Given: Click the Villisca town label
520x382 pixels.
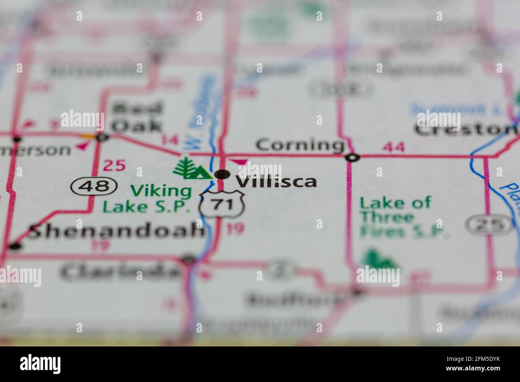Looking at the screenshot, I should click(x=276, y=181).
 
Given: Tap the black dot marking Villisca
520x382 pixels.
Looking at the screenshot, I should click(x=222, y=174).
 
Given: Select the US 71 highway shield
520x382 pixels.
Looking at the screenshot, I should click(x=222, y=205).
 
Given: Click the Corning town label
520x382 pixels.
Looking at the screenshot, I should click(x=300, y=145).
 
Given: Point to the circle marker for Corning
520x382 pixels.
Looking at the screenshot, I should click(x=352, y=157).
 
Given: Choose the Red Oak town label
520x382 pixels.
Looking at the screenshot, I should click(x=137, y=117).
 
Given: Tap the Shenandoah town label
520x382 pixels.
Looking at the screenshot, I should click(x=116, y=231).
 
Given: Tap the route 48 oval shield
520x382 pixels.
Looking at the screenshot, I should click(x=94, y=186).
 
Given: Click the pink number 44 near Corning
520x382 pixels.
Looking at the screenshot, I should click(x=393, y=147).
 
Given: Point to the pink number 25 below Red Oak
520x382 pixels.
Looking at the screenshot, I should click(x=114, y=165).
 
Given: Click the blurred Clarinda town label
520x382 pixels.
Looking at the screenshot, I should click(x=120, y=272).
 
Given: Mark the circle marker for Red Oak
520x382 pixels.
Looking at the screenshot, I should click(x=103, y=137).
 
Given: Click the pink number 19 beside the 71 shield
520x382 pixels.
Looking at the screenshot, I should click(x=235, y=229).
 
